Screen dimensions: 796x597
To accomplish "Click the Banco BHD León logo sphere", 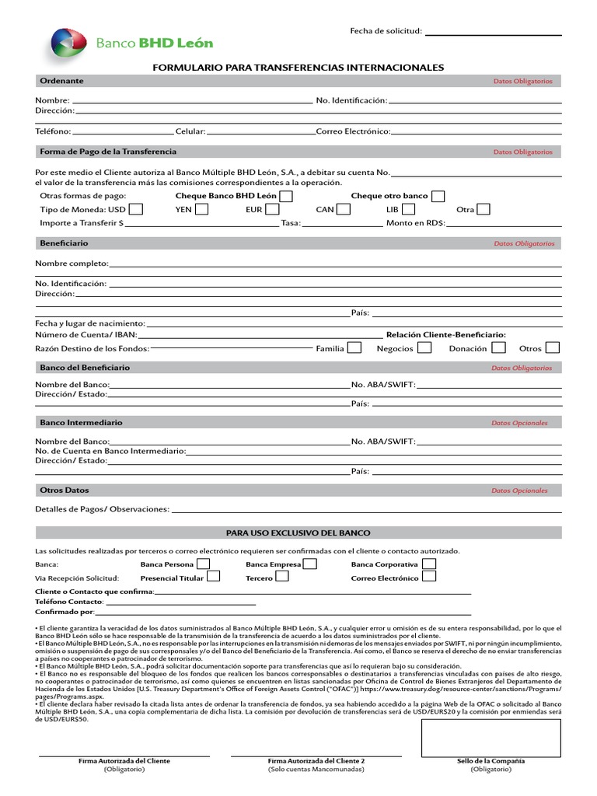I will click(x=68, y=44).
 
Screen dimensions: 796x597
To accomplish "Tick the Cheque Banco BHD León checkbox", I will click(x=286, y=196).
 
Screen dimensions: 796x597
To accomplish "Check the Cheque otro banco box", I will click(x=438, y=196).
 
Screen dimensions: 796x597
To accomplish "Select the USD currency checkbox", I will click(x=136, y=209).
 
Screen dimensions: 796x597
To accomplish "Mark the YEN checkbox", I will click(x=201, y=209).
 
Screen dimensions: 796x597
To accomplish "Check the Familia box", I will click(x=354, y=348).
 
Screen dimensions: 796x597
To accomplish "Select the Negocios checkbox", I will click(x=424, y=348).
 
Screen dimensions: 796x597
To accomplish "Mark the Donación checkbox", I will click(x=499, y=348).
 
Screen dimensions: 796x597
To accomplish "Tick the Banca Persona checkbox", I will click(x=203, y=564).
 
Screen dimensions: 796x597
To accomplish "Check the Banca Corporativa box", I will click(x=429, y=564).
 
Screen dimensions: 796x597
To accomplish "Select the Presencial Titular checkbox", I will click(x=213, y=577).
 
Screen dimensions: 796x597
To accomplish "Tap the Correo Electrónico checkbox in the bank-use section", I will click(x=429, y=577).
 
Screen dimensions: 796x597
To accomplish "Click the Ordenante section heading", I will click(x=62, y=81).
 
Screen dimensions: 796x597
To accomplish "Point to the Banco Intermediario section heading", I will click(x=81, y=422).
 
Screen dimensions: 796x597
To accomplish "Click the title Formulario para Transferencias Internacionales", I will click(x=298, y=68).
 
